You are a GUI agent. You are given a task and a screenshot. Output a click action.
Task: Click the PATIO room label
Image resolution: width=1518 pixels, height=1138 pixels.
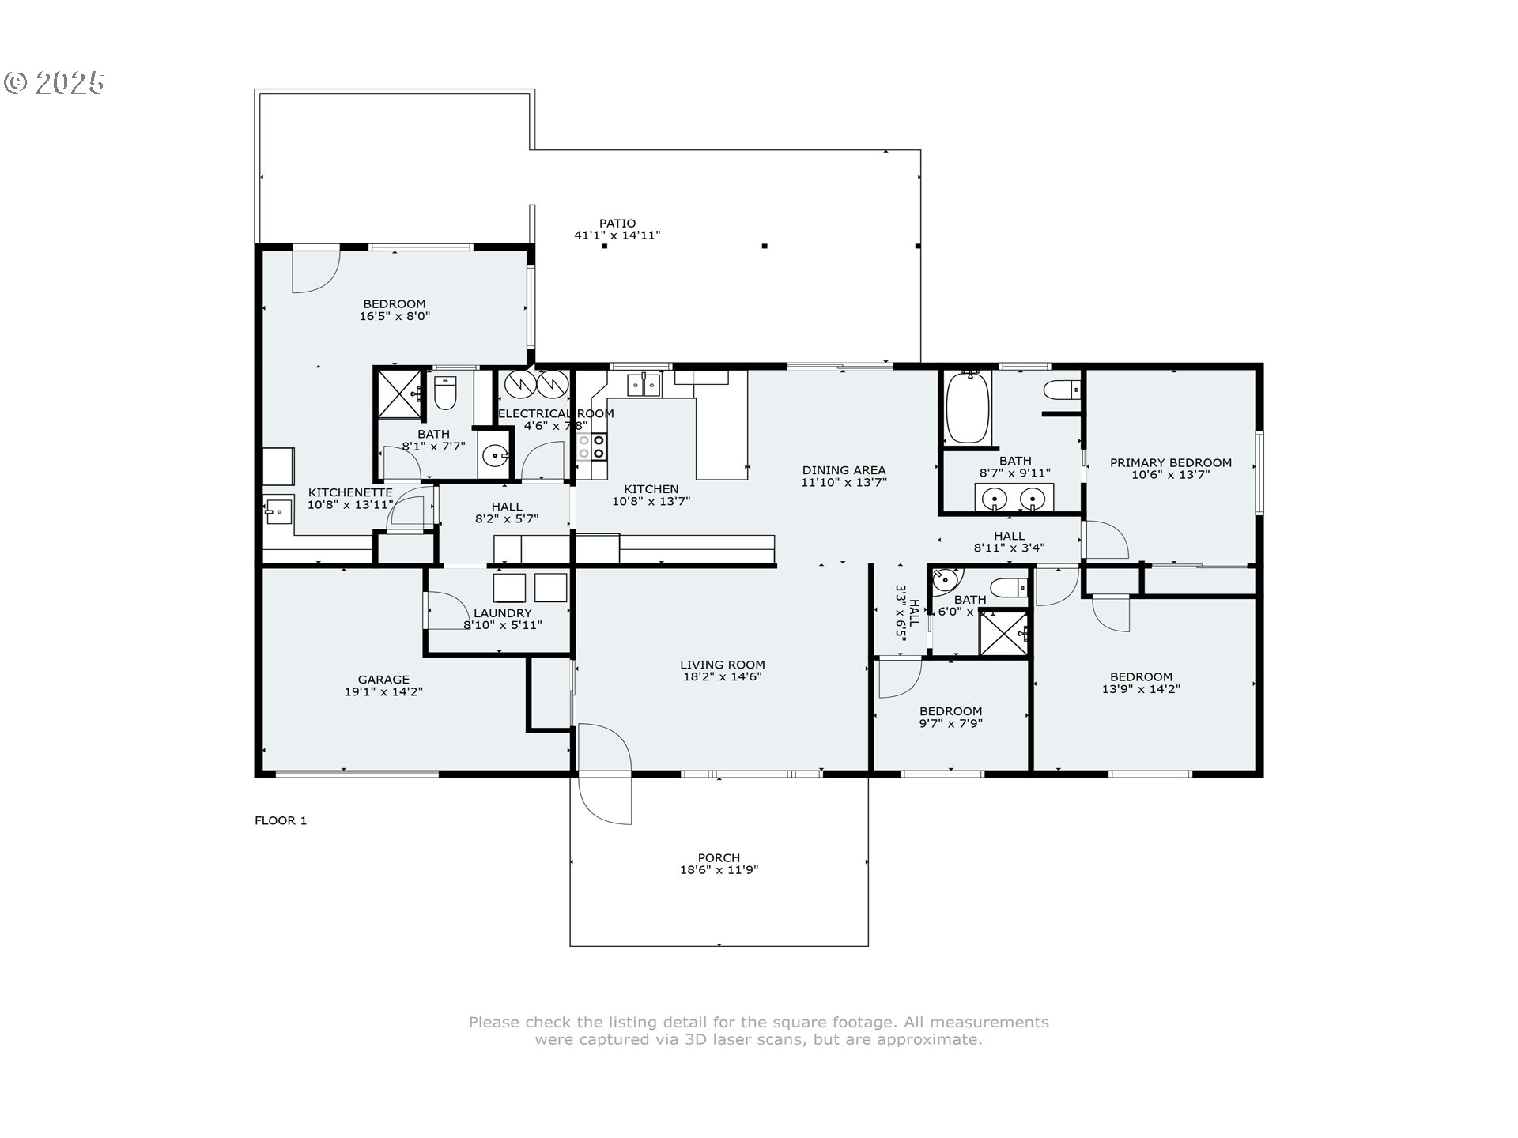click(x=617, y=224)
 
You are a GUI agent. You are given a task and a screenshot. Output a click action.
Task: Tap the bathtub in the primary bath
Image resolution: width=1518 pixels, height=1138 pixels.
click(x=968, y=408)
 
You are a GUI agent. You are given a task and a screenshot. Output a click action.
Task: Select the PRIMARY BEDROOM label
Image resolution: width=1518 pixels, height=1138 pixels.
click(x=1170, y=463)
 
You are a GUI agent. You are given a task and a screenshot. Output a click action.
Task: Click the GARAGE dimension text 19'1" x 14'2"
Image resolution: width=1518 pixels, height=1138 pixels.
click(x=383, y=692)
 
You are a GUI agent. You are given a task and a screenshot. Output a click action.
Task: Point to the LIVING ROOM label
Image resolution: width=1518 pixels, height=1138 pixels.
click(x=722, y=665)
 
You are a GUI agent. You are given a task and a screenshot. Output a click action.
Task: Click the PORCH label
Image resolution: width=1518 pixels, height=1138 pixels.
click(x=719, y=857)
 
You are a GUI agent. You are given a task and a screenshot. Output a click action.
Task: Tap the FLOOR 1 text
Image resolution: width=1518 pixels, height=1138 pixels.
click(x=281, y=820)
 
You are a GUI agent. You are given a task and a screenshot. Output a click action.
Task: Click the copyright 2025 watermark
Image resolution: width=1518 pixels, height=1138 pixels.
click(x=54, y=82)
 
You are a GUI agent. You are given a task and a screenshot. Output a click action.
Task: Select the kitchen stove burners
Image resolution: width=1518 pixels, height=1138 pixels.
click(x=591, y=446)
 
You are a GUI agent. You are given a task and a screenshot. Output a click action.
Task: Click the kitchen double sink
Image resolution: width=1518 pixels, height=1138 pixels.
click(x=644, y=386)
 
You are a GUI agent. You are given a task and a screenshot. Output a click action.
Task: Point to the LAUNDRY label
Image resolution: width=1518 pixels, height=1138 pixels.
click(x=502, y=613)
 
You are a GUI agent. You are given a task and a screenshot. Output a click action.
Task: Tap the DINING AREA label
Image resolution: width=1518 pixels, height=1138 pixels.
click(x=844, y=470)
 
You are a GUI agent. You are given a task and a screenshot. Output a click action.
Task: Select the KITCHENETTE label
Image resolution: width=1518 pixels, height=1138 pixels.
click(x=349, y=492)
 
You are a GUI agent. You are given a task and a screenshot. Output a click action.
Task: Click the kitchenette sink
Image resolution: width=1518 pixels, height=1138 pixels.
click(x=277, y=511)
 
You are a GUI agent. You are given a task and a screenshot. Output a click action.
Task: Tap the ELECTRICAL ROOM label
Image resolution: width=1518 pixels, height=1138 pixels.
click(x=556, y=413)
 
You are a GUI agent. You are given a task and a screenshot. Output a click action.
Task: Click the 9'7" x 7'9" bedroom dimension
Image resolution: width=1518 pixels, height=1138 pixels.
click(x=950, y=723)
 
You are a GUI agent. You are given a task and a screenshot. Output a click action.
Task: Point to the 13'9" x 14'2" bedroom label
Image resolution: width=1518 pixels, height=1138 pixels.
click(x=1141, y=676)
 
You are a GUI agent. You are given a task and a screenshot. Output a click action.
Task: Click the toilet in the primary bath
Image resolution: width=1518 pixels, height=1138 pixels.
click(x=1061, y=390)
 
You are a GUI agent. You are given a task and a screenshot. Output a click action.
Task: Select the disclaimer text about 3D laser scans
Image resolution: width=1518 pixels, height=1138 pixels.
click(x=758, y=1031)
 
